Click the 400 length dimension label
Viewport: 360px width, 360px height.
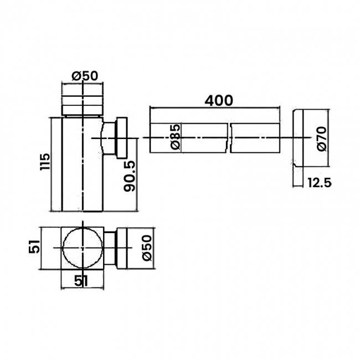click(219, 101)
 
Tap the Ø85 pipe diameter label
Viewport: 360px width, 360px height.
click(176, 137)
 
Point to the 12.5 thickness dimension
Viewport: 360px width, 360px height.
click(320, 183)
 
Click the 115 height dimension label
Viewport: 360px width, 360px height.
click(45, 161)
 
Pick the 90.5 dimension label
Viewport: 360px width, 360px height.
click(130, 176)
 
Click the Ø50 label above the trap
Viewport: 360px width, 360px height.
click(85, 76)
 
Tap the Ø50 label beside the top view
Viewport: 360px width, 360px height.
click(147, 248)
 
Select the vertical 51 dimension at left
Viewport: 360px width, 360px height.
click(34, 246)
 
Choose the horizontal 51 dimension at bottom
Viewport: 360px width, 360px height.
click(81, 281)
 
